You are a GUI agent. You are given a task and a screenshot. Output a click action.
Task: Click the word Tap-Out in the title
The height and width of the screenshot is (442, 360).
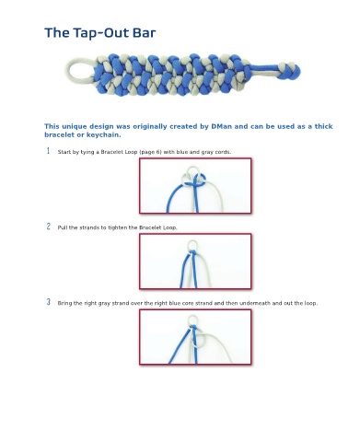coord(100,33)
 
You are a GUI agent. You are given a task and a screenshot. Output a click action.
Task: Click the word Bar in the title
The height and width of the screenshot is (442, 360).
coord(144,32)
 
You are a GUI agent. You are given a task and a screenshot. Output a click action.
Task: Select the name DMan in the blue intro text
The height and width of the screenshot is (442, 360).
coord(221,126)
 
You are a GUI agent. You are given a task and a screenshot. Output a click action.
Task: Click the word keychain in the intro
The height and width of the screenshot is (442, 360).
coord(103,135)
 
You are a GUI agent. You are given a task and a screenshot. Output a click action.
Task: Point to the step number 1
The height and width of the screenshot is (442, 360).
coord(48,151)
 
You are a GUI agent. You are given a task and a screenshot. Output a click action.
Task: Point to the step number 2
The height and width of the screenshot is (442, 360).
coord(49,227)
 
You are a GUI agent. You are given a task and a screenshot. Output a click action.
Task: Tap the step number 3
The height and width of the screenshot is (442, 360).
coord(49,302)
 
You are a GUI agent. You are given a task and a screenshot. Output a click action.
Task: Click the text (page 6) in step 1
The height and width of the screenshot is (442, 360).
coord(150,152)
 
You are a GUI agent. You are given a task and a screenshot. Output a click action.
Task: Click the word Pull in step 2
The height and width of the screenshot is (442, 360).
coord(63,227)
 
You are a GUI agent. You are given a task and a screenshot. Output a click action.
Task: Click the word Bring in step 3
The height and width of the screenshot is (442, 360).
coord(64,303)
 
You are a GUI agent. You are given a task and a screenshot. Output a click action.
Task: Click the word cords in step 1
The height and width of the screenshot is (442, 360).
coord(223,152)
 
